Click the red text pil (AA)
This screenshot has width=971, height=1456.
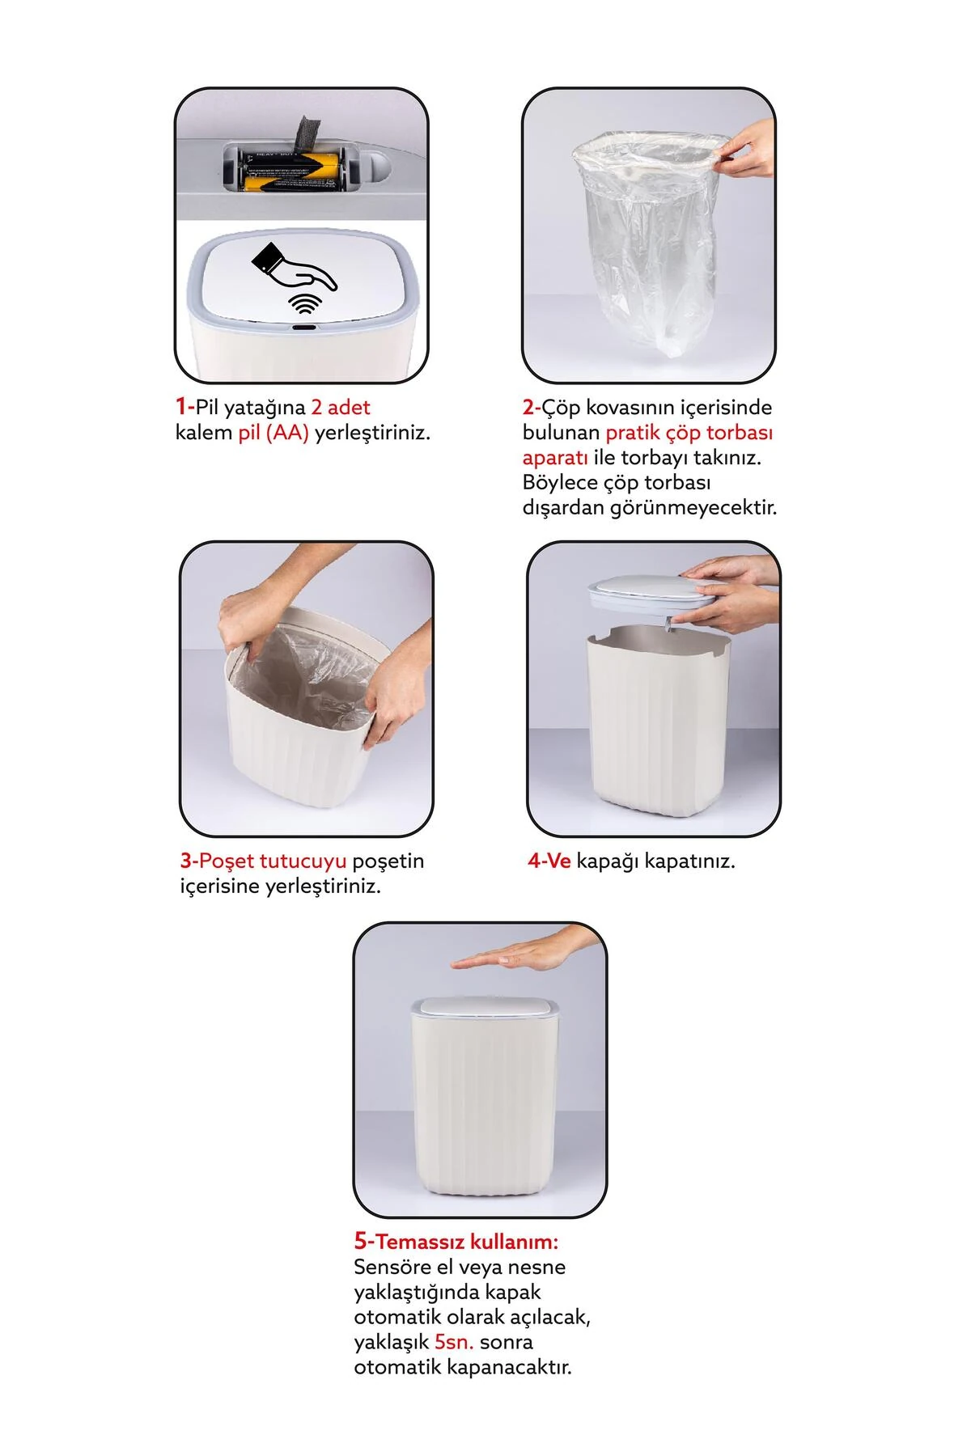coord(273,433)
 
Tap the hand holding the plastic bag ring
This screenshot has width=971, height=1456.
coord(744,150)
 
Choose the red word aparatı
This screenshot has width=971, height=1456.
coord(555,458)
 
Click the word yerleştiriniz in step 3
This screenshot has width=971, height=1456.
coord(324,887)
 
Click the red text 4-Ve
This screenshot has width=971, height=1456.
coord(549,861)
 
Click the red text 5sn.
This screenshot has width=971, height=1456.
coord(455,1342)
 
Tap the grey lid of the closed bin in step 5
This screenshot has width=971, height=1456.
coord(484,1007)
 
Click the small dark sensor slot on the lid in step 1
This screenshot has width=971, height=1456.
coord(303,328)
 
